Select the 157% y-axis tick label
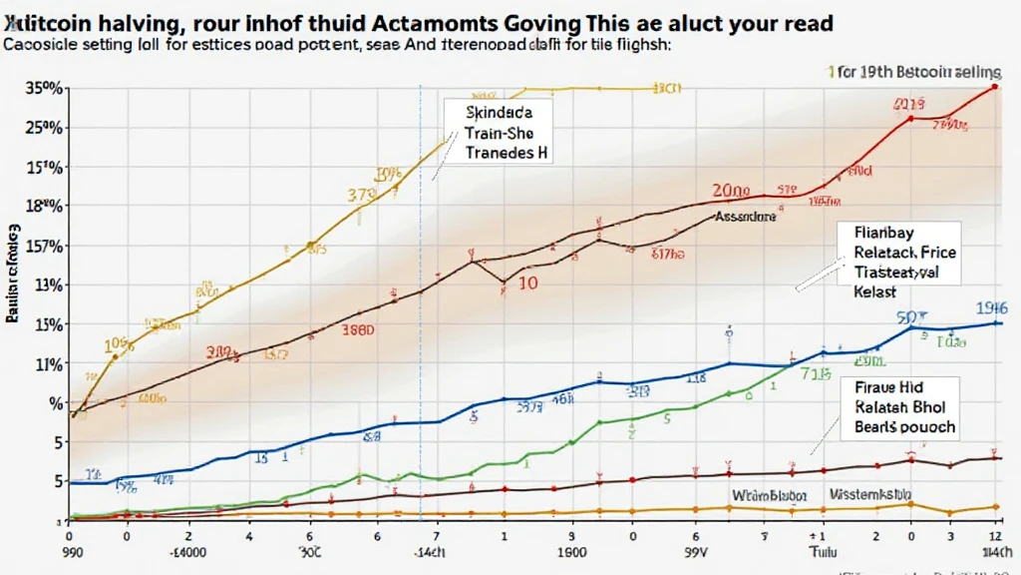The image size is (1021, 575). (x=45, y=246)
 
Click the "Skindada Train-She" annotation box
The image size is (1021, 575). (x=508, y=135)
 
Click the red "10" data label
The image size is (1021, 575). (x=526, y=283)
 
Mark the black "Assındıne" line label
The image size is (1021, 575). (x=745, y=216)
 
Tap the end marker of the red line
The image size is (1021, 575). (x=994, y=88)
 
